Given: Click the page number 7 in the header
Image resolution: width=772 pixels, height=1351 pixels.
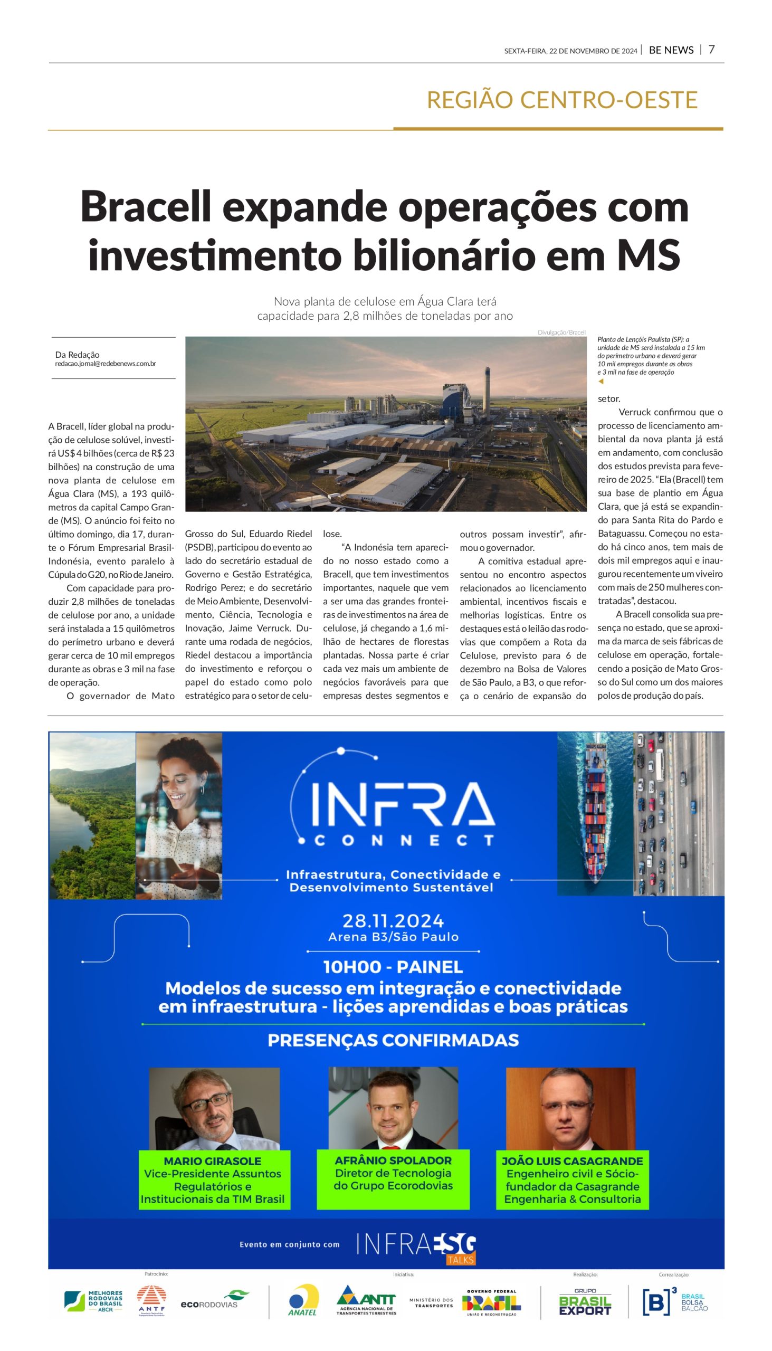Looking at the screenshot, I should (711, 49).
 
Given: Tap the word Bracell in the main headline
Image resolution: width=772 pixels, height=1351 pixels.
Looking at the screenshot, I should (146, 207).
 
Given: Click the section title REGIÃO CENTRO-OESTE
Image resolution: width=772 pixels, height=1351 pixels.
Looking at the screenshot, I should (561, 100).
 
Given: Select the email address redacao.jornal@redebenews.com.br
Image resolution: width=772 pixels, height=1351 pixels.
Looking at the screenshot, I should (106, 364).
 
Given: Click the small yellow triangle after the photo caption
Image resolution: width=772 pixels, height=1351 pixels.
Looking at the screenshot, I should (601, 381).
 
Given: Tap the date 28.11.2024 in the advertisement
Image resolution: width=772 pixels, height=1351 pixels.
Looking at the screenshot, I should (393, 920).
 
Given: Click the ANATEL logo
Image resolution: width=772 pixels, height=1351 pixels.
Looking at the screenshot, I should (303, 1300).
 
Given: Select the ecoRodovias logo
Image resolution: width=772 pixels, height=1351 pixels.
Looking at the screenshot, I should (215, 1301).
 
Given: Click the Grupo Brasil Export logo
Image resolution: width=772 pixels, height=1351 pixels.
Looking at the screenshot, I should (585, 1301).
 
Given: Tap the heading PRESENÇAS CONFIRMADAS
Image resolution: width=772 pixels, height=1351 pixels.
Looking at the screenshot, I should (393, 1040).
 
